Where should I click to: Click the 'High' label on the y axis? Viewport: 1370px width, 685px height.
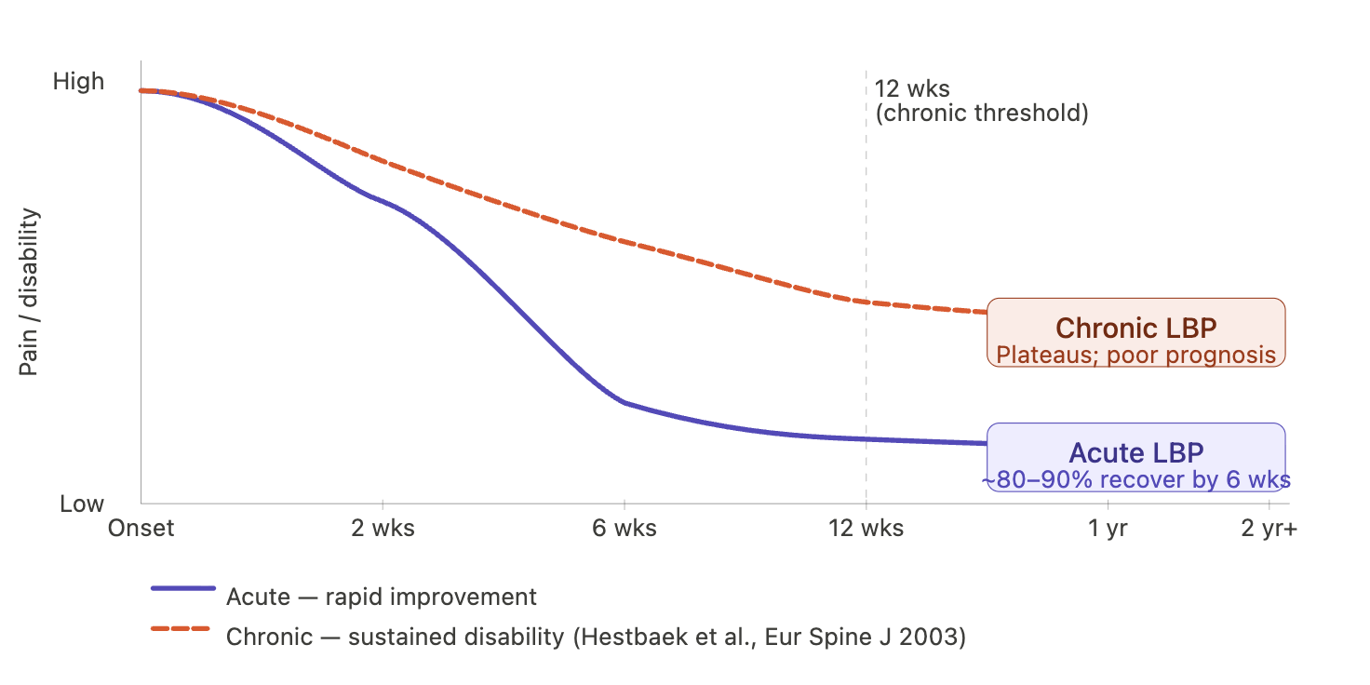click(78, 81)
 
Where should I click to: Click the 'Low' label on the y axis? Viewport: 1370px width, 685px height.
click(82, 504)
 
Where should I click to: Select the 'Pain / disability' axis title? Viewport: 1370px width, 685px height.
click(29, 291)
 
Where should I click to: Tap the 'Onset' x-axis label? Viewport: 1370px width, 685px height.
click(141, 529)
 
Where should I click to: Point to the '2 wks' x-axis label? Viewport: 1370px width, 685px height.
click(383, 529)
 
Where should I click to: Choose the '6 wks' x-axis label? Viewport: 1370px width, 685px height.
click(625, 529)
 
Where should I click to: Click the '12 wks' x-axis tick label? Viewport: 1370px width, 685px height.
click(866, 529)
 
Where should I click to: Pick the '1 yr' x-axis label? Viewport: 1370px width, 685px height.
click(1108, 529)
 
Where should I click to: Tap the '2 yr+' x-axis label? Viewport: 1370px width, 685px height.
click(1269, 529)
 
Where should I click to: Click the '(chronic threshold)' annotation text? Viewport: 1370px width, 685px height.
click(982, 114)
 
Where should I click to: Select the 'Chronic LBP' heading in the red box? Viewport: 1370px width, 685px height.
click(1136, 329)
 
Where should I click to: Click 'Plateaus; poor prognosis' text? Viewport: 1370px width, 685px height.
click(1136, 356)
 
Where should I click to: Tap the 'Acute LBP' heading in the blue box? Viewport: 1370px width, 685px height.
click(1136, 453)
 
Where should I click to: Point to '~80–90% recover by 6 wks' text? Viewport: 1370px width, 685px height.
click(1136, 480)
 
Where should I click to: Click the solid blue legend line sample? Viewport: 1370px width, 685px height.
click(183, 588)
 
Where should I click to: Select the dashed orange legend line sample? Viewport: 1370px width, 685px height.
click(181, 629)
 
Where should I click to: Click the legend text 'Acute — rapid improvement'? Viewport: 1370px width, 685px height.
click(382, 597)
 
